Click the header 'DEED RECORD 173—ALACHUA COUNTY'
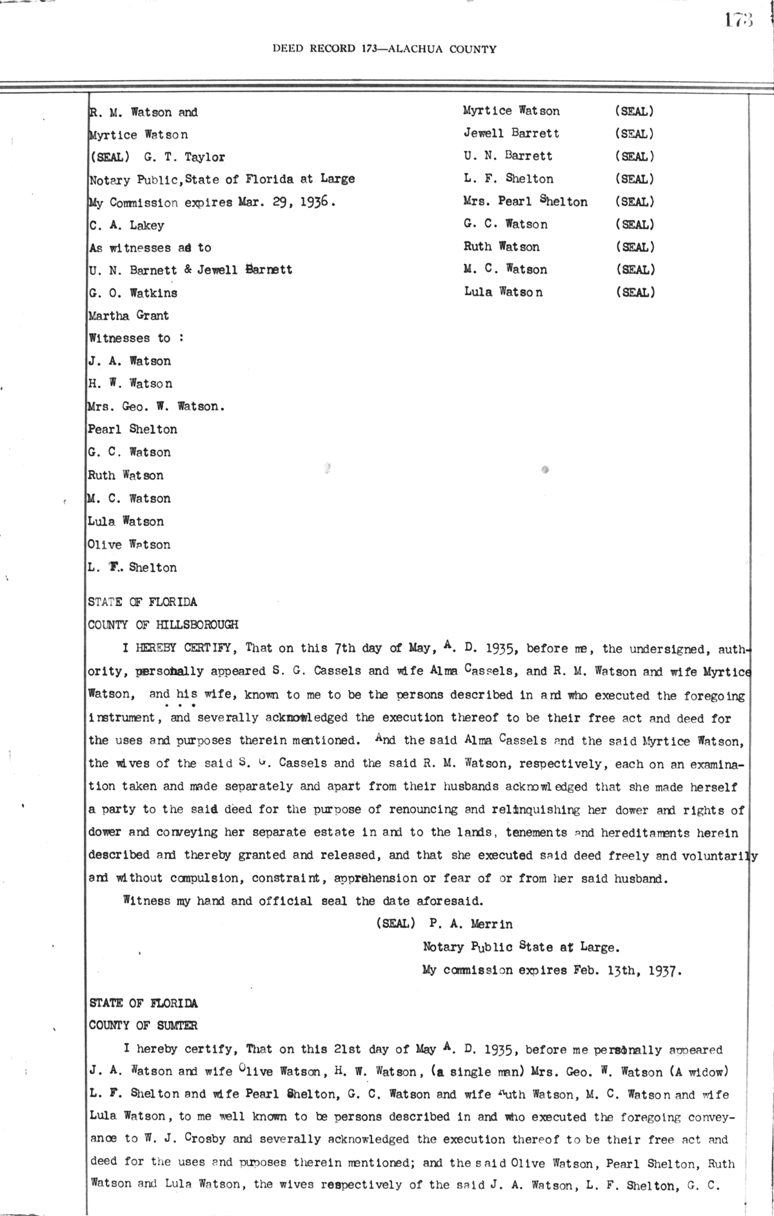coord(384,49)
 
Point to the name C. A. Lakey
coord(126,225)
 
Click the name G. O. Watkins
coord(133,293)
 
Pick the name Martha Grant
coord(128,316)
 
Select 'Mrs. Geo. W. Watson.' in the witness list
coord(156,407)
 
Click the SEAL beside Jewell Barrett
coord(634,134)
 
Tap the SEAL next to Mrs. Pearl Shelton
coord(634,201)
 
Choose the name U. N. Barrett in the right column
coord(508,156)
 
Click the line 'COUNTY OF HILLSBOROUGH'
coord(163,624)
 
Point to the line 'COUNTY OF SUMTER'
coord(143,1026)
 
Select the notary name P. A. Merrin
coord(470,924)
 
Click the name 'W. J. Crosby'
coord(180,1139)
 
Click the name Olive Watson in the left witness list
coord(129,544)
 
